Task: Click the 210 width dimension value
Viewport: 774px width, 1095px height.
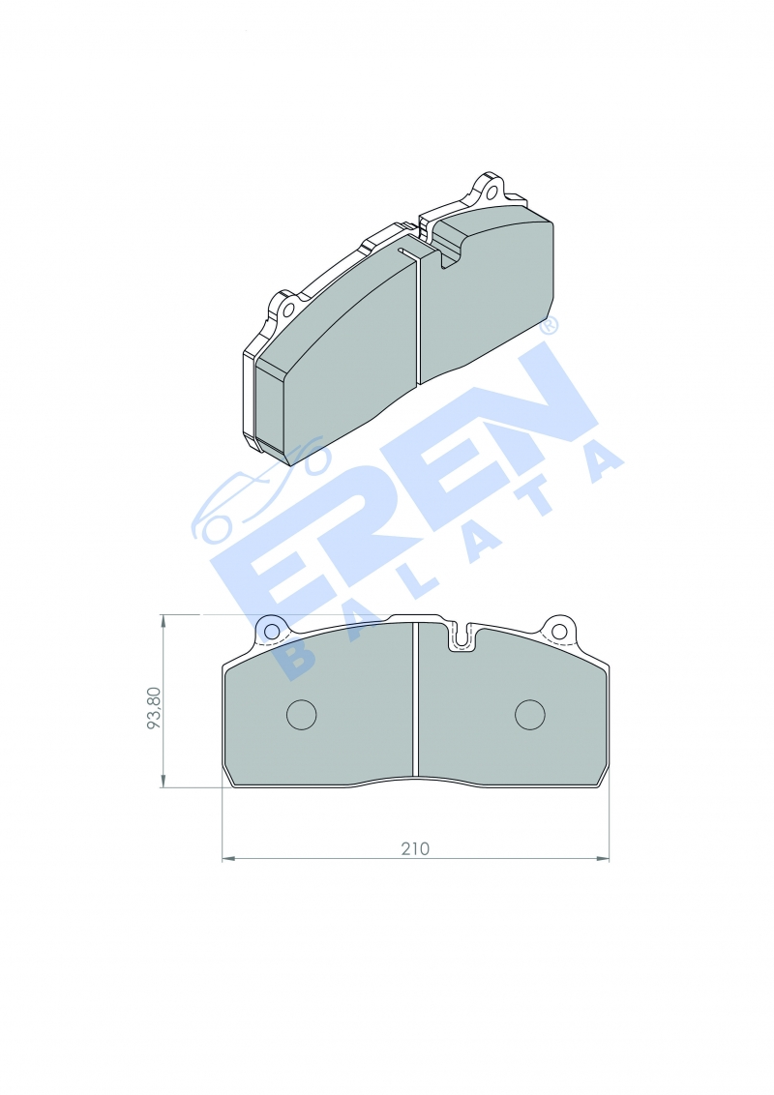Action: point(415,848)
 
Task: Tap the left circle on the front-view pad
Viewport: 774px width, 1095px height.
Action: point(302,714)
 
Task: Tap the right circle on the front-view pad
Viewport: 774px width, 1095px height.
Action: point(530,714)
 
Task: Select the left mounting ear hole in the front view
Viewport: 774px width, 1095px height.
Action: point(272,632)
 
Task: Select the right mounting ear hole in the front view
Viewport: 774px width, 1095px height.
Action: point(558,632)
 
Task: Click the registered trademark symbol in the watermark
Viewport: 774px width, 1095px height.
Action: point(549,327)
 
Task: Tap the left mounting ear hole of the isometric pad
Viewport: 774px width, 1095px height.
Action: point(287,310)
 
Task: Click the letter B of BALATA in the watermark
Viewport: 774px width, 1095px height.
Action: point(295,658)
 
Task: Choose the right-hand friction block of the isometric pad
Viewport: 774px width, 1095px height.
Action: point(489,295)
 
